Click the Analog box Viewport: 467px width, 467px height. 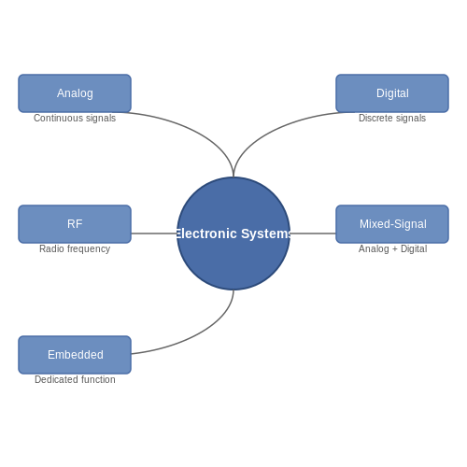(75, 93)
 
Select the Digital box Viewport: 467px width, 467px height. (392, 93)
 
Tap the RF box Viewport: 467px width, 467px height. (75, 224)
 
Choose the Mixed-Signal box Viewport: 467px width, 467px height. (392, 224)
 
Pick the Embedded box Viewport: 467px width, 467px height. (75, 355)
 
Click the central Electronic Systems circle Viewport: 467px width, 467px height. (233, 233)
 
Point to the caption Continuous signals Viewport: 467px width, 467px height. (75, 118)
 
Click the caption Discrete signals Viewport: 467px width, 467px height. (392, 118)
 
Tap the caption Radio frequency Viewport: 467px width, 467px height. (75, 248)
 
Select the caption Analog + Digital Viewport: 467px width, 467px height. (392, 248)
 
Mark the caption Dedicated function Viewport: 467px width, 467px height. (75, 379)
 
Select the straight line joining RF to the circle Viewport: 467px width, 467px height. (154, 233)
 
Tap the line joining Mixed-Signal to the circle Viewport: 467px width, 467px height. (313, 233)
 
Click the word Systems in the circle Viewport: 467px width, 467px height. (266, 233)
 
